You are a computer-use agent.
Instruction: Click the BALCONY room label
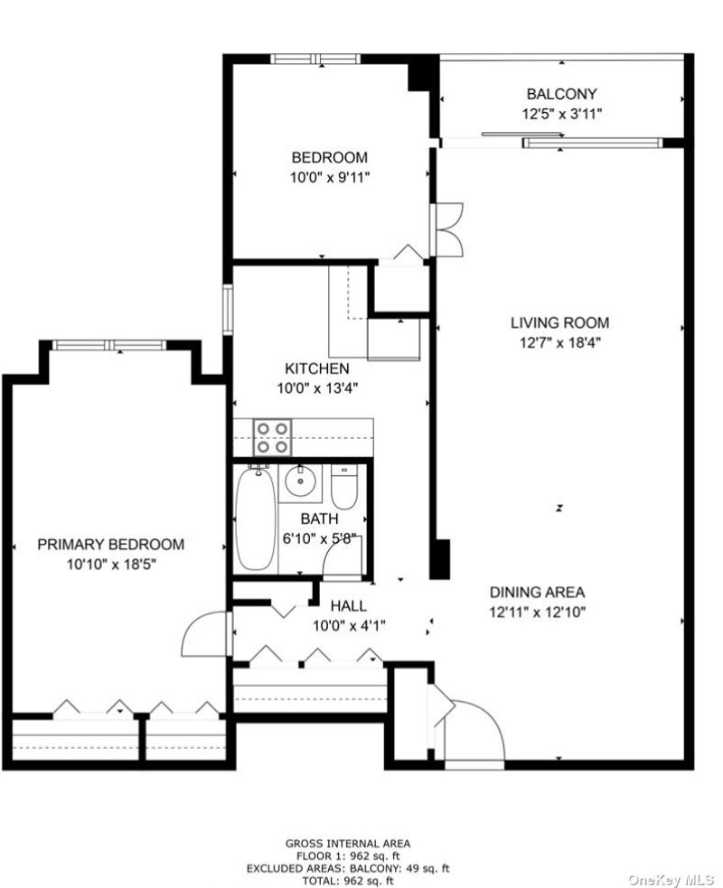(561, 94)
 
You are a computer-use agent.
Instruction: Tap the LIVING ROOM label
(559, 322)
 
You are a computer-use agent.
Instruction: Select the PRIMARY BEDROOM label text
(111, 544)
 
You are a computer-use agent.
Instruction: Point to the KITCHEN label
(316, 369)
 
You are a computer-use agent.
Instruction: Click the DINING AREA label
(537, 593)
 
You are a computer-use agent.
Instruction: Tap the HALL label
(349, 606)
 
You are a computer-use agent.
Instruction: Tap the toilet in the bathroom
(343, 487)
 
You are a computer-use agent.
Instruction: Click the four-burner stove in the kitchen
(273, 437)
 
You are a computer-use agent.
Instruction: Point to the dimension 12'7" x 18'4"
(559, 342)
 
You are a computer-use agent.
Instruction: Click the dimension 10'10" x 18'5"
(111, 564)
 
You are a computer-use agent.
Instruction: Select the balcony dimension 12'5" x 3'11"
(561, 114)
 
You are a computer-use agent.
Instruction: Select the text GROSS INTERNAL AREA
(347, 844)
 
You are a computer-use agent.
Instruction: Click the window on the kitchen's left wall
(228, 309)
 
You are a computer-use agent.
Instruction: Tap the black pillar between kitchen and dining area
(440, 559)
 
